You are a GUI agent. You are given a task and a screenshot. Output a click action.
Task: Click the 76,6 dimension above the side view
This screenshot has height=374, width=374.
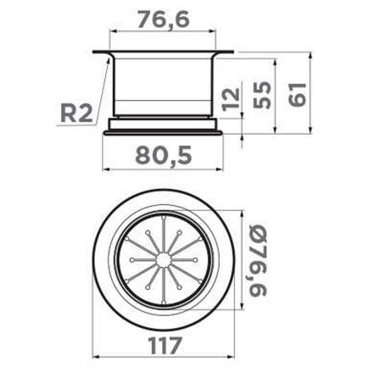coord(164,19)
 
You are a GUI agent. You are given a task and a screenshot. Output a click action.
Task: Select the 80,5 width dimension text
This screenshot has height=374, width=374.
coord(163,155)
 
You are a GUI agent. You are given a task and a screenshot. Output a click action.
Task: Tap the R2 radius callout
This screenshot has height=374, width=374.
coord(76,114)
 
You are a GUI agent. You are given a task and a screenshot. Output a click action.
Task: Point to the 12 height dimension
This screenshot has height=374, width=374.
coord(230,100)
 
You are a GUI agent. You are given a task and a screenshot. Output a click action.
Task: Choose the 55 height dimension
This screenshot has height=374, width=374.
coord(262,95)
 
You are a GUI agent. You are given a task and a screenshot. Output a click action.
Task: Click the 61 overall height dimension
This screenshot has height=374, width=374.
coord(297,95)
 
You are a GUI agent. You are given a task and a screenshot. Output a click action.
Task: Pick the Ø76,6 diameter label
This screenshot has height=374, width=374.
coord(258,260)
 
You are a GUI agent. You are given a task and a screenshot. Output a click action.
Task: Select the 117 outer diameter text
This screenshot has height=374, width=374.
coord(165,346)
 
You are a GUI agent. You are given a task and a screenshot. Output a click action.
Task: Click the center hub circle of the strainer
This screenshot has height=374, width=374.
coord(164,260)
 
